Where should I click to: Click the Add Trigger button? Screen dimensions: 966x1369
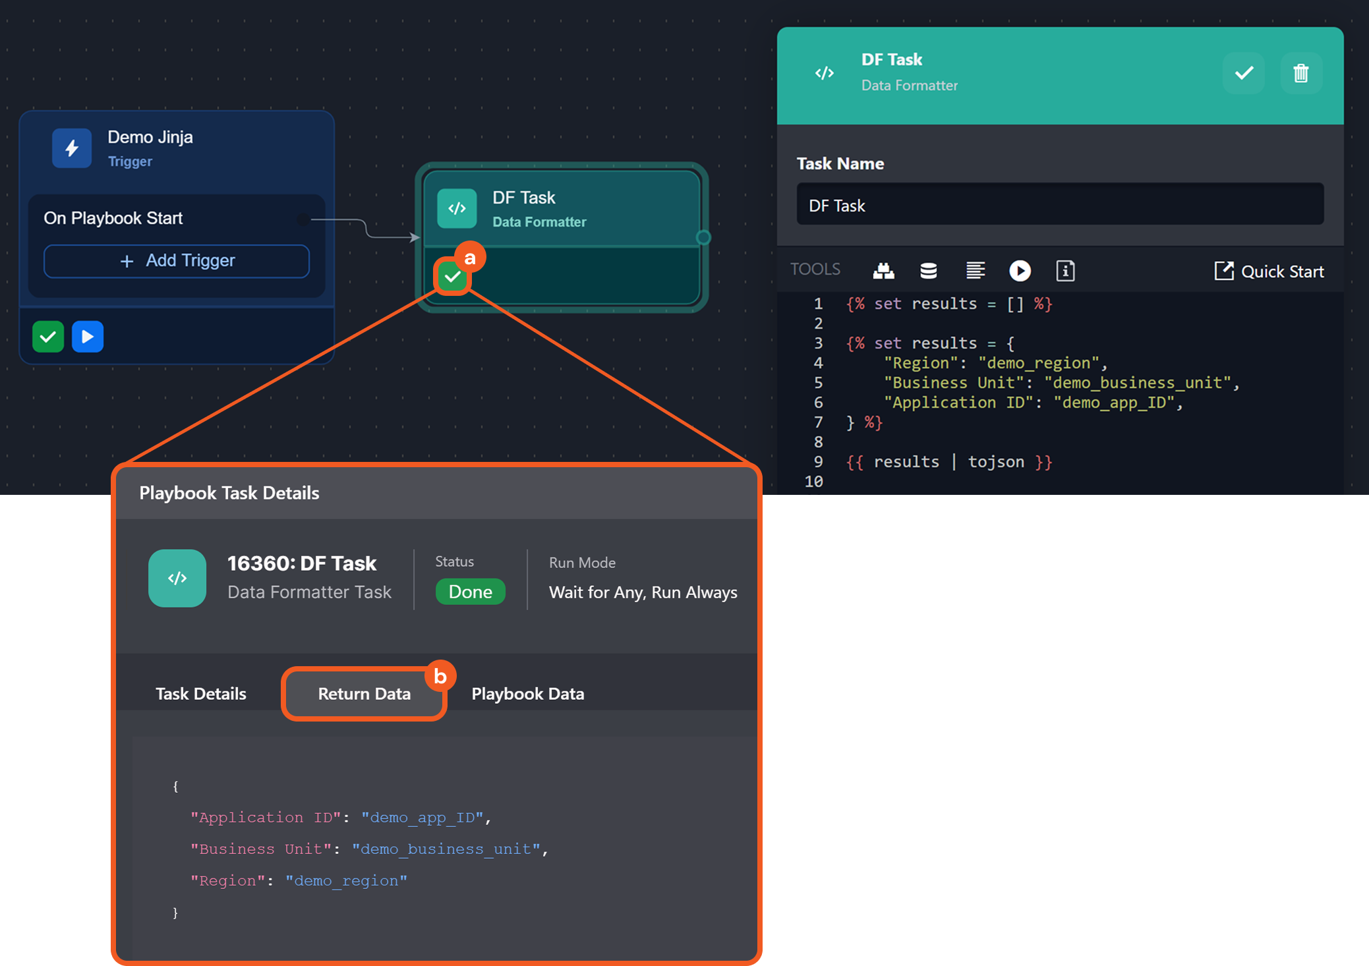tap(177, 261)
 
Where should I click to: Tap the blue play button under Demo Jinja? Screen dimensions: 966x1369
tap(88, 337)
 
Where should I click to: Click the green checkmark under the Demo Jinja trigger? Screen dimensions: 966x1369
tap(48, 337)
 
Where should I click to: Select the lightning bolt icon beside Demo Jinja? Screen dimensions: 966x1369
tap(72, 148)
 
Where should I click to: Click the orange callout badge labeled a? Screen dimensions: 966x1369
tap(470, 258)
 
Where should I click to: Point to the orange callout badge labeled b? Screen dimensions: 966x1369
tap(440, 676)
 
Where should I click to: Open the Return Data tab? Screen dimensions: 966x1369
tap(364, 694)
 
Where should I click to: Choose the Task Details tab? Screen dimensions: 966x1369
tap(201, 694)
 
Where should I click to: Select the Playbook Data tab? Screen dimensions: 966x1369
tap(527, 694)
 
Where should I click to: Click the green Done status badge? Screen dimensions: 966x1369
tap(470, 592)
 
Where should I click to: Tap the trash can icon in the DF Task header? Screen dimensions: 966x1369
tap(1300, 73)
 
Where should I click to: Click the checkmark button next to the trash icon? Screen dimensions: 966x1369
tap(1244, 73)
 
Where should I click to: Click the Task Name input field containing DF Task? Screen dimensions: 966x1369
tap(1059, 205)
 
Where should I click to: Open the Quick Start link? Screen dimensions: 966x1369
tap(1269, 271)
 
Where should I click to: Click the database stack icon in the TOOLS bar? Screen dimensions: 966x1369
tap(928, 271)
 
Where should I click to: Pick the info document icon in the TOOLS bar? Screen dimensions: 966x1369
tap(1065, 271)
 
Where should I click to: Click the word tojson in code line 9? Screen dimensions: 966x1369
tap(995, 462)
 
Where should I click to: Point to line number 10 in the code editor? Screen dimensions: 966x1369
tap(814, 482)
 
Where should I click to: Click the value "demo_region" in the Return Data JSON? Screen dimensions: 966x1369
tap(346, 881)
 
